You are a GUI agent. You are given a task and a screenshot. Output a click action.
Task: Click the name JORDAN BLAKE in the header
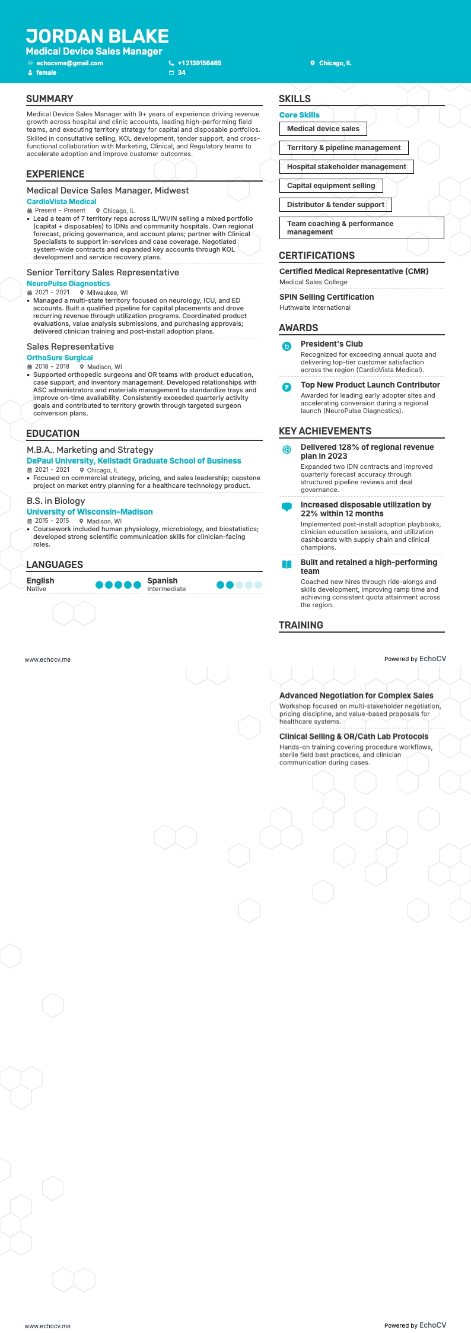(x=97, y=37)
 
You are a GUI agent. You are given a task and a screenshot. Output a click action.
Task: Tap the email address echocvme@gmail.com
(x=69, y=63)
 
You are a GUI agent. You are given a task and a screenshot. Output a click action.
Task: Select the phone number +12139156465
(x=199, y=63)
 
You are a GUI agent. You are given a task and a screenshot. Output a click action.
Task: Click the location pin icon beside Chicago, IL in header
(x=313, y=63)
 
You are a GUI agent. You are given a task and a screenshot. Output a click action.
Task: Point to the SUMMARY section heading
(x=50, y=99)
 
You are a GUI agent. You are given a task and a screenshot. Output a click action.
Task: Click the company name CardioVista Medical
(x=61, y=202)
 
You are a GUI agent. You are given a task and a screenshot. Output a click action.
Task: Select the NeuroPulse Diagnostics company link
(x=68, y=284)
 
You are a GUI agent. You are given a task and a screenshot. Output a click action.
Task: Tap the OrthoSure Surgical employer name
(x=59, y=358)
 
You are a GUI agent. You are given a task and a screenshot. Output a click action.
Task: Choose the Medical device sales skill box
(x=323, y=129)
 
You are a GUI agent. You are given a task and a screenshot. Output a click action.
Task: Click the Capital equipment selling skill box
(x=331, y=186)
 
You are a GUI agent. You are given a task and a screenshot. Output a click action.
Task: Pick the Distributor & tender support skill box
(x=336, y=205)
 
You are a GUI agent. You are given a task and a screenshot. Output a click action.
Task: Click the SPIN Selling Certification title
(x=326, y=297)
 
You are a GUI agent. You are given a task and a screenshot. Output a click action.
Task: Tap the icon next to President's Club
(x=287, y=346)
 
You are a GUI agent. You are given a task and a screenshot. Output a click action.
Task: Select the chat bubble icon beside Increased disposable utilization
(x=287, y=507)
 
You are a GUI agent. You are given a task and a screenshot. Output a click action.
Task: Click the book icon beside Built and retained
(x=287, y=564)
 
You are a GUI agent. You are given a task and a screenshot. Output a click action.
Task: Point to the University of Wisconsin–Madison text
(x=90, y=512)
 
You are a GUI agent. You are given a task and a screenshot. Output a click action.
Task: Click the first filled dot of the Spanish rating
(x=221, y=585)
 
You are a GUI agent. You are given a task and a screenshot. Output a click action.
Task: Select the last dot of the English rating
(x=137, y=585)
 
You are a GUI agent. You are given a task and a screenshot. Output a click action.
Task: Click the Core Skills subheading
(x=299, y=115)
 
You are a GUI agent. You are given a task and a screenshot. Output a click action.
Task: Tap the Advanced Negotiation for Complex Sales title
(x=356, y=696)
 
